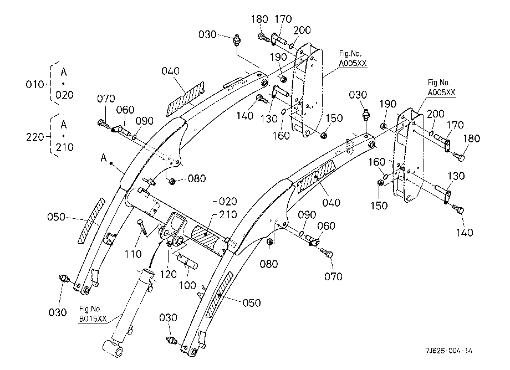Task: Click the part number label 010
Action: pos(35,84)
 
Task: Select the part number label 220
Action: pos(35,137)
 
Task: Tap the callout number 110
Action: pos(133,254)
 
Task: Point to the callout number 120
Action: pos(168,274)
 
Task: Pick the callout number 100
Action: pos(188,285)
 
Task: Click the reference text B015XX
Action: pos(93,318)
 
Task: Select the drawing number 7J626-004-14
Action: pos(449,351)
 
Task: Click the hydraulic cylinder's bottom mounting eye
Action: pos(113,349)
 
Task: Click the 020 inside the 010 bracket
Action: pos(64,95)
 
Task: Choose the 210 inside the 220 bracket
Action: pos(64,147)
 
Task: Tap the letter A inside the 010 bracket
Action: pos(64,72)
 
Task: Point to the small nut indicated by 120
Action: pos(169,244)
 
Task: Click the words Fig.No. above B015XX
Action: pos(90,309)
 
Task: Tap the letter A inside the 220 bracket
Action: pos(64,125)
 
